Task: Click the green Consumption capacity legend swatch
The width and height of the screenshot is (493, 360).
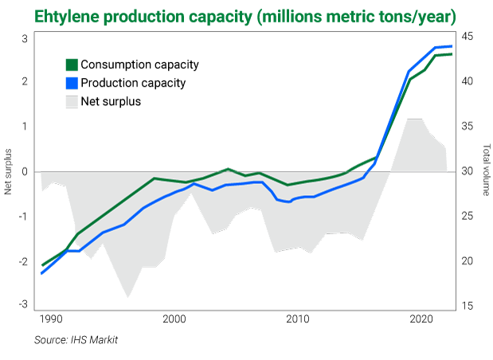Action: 72,65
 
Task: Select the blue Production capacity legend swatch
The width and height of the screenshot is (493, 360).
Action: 72,82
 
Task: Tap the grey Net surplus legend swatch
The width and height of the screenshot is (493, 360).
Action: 72,101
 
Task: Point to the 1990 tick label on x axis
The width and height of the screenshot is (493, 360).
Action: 50,319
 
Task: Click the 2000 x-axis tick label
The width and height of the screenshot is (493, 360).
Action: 174,319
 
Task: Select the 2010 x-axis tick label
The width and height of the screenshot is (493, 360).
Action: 298,319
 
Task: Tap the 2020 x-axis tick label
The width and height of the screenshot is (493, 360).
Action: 421,319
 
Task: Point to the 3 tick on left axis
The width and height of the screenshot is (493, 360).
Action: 25,37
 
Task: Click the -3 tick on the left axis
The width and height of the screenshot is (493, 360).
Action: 23,304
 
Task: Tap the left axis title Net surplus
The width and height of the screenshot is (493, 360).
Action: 9,171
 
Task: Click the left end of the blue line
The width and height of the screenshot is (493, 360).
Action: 41,273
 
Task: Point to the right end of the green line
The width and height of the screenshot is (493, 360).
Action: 452,54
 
